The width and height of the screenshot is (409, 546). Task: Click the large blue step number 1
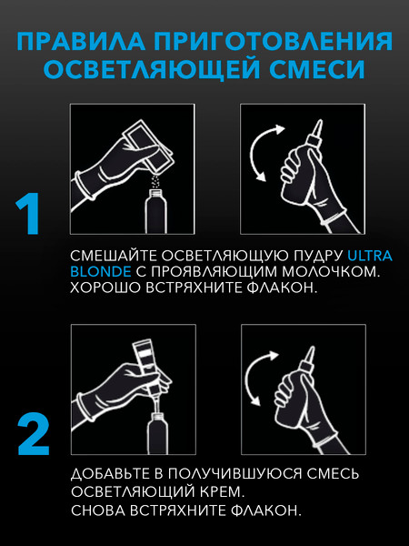coord(28,214)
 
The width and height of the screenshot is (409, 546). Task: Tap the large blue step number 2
coord(34,434)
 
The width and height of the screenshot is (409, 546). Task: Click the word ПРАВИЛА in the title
coord(81,41)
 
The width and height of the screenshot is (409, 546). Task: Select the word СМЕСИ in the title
coord(317,69)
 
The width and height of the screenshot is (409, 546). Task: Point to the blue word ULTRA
coord(370,256)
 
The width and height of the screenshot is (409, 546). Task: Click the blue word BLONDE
coord(101,271)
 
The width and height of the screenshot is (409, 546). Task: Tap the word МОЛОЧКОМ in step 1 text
coord(330,271)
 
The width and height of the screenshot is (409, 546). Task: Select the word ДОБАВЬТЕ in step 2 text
coord(113,474)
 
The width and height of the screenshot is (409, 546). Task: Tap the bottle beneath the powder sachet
coord(155,211)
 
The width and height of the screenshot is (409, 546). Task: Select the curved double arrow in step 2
coord(247,378)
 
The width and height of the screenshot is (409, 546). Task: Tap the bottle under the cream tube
coord(157,433)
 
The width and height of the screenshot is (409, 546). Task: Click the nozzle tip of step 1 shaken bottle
coord(320,121)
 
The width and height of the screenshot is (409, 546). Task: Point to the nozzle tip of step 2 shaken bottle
coord(312,348)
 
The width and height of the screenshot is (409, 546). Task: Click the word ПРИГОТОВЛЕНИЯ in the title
coord(274,41)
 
